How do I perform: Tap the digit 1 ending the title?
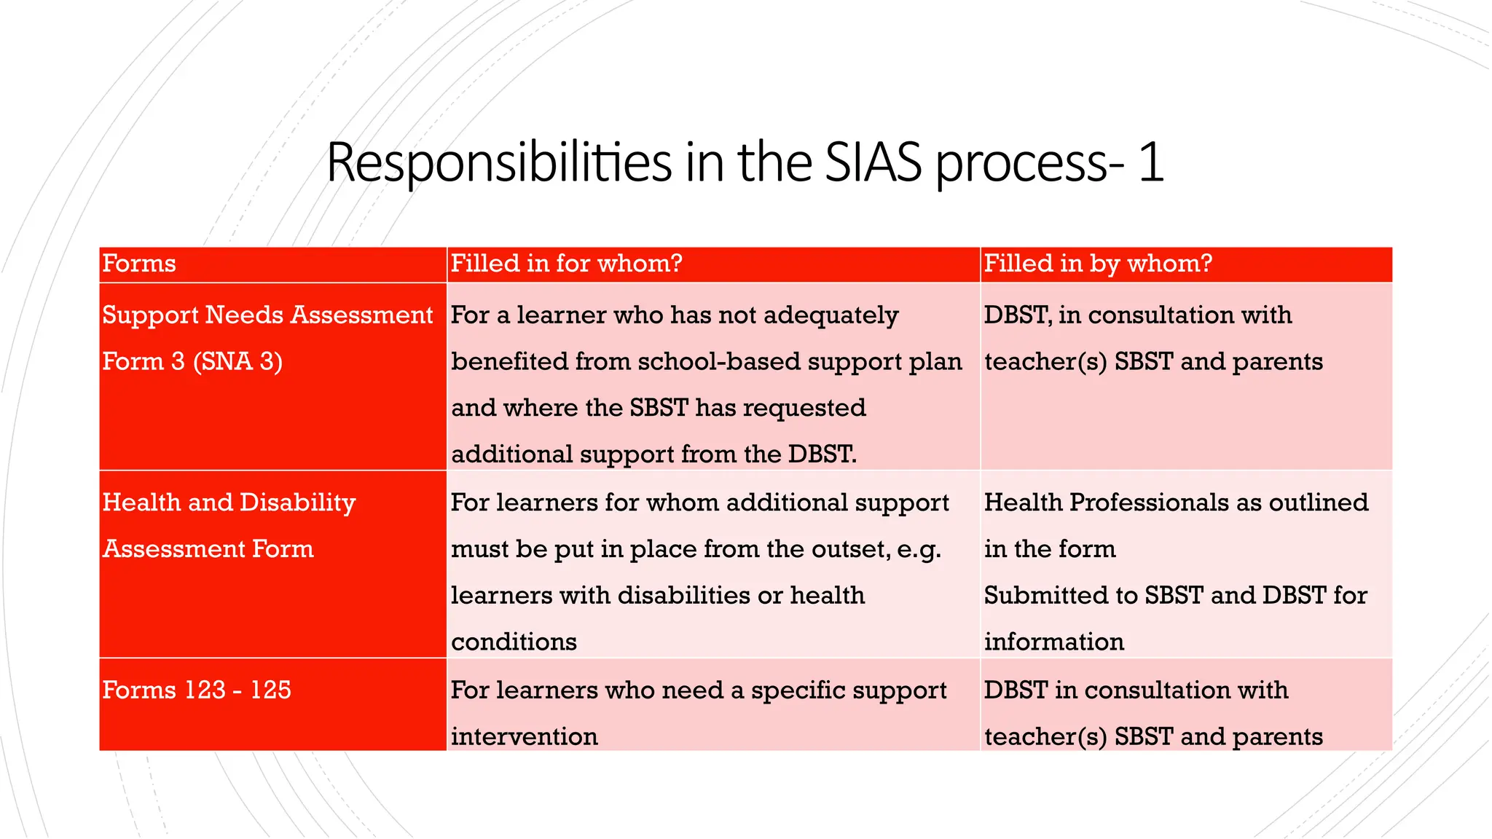1150,162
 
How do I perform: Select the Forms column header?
139,264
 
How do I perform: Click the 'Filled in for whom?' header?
566,264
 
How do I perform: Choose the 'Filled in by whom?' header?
1098,264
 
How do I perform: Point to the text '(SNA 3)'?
237,362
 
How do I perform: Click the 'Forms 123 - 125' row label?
197,690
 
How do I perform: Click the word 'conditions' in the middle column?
514,642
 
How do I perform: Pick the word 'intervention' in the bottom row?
524,737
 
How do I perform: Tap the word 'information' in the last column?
1053,642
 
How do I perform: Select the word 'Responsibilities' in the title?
498,162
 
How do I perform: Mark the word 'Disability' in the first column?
297,503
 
